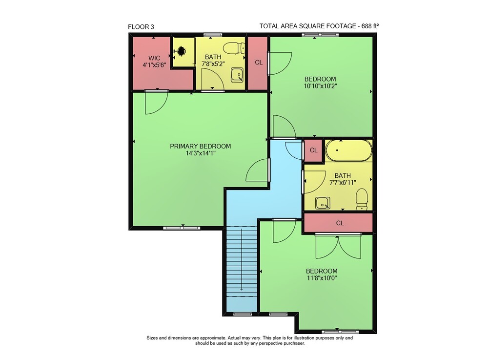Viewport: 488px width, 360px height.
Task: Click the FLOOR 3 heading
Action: pos(141,27)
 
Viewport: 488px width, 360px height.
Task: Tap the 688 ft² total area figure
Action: pos(370,26)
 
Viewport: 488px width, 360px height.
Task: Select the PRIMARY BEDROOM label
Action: pos(201,146)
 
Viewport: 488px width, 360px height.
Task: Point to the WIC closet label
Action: pos(154,58)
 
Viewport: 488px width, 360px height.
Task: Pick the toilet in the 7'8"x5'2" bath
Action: pos(234,48)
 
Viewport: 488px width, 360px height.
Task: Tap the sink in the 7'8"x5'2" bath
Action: pos(237,75)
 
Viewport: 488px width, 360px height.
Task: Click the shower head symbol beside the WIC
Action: pos(181,50)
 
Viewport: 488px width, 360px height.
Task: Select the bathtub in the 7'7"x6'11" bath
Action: pos(348,150)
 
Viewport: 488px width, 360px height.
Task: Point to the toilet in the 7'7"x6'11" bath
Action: pos(362,199)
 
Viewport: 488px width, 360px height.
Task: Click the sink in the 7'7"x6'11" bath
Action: pos(323,203)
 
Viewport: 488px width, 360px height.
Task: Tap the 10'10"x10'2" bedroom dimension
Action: pos(321,86)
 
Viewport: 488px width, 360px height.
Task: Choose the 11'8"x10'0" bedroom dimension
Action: pos(322,278)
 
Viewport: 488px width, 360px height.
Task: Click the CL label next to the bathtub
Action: pos(313,150)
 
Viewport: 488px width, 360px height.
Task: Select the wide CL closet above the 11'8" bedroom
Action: pos(338,223)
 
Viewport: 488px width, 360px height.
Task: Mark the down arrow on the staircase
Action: pos(242,259)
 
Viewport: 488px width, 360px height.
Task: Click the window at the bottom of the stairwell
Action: pos(243,315)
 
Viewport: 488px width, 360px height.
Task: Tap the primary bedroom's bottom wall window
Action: pos(182,228)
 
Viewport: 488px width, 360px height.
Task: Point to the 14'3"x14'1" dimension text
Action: pos(201,153)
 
